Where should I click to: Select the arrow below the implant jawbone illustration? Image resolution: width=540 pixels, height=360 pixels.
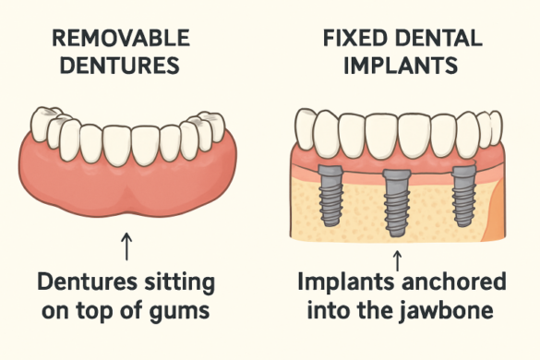[398, 256]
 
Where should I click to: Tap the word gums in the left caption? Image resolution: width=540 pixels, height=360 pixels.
[187, 309]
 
